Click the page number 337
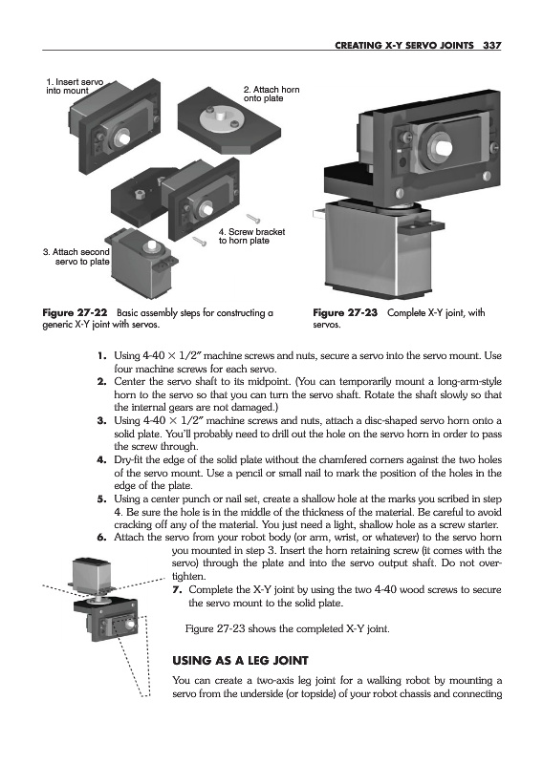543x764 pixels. (x=491, y=45)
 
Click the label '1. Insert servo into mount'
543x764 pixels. (x=75, y=86)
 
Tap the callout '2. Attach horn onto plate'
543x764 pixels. (x=271, y=94)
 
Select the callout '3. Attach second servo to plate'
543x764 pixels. (x=76, y=256)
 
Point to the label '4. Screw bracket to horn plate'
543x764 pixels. (x=251, y=236)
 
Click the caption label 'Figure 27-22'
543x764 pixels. (x=75, y=313)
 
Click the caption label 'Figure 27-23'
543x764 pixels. (x=345, y=313)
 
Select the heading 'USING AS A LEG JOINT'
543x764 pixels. (x=241, y=661)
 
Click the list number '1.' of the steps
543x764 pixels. (x=101, y=355)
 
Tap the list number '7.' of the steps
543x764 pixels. (x=177, y=589)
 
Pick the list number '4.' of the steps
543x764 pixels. (x=101, y=459)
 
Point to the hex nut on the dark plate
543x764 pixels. (x=139, y=194)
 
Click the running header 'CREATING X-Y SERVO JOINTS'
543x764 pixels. (x=404, y=45)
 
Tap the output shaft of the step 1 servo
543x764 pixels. (x=122, y=138)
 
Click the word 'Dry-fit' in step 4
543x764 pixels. (x=129, y=459)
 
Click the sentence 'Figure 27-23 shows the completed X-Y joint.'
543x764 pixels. (x=288, y=629)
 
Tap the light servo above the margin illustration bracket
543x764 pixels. (x=92, y=575)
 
